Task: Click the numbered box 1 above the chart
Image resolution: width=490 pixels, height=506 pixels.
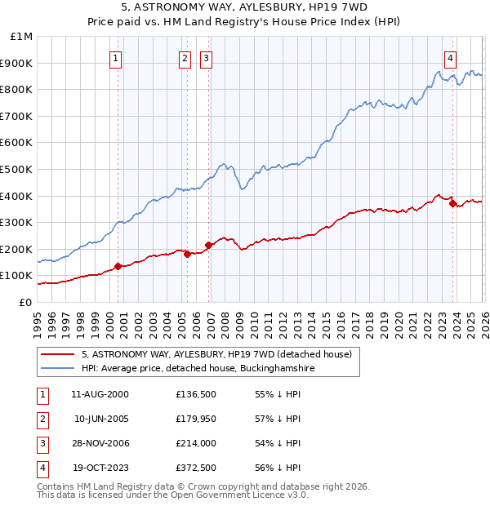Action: (x=117, y=58)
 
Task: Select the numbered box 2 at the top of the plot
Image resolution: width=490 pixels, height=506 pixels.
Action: (x=186, y=58)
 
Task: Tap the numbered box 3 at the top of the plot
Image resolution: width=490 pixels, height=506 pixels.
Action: (x=207, y=58)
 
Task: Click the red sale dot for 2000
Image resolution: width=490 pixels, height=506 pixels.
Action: (x=118, y=266)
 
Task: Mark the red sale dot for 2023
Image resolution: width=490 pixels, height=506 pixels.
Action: (x=452, y=203)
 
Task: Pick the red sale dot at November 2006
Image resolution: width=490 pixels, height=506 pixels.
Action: (x=208, y=245)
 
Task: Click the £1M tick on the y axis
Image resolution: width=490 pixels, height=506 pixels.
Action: (x=22, y=37)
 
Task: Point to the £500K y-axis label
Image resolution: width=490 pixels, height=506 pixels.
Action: (x=19, y=169)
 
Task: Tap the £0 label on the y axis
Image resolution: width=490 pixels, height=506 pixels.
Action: (x=26, y=302)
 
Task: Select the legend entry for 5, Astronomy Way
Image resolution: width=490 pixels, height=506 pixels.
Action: (x=216, y=354)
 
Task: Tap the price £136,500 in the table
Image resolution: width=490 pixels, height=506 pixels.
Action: (x=195, y=394)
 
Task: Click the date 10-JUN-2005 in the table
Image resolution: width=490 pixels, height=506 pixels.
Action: (x=100, y=419)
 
